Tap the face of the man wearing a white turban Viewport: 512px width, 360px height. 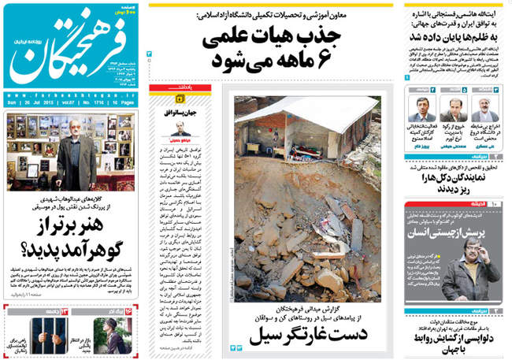coord(484,103)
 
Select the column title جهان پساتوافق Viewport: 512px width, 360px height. coord(188,102)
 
